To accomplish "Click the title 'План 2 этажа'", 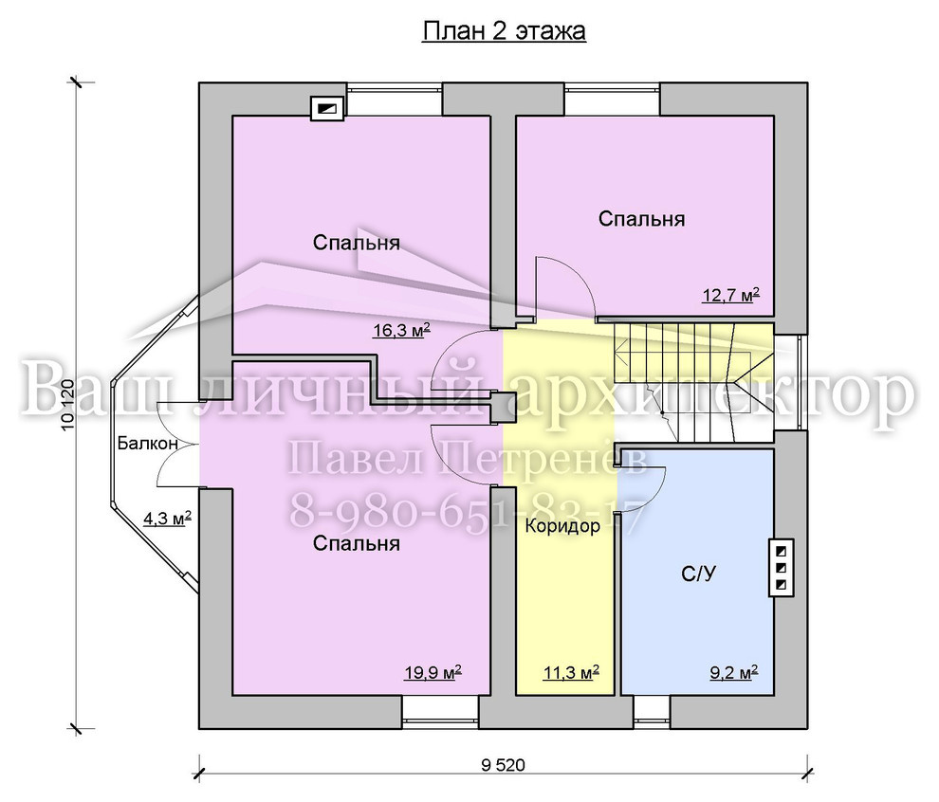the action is (x=504, y=31).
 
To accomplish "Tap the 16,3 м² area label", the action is (x=401, y=330).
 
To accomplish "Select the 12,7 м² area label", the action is (x=730, y=295).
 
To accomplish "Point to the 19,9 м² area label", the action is (x=433, y=672).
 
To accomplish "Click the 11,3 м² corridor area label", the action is (x=571, y=672).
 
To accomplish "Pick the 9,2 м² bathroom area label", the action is (x=734, y=672).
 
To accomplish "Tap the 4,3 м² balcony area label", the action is (x=167, y=518).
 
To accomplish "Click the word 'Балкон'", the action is (x=147, y=444).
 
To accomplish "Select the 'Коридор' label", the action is (x=562, y=527).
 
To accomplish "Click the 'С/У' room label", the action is (x=698, y=574).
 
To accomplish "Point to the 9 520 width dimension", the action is (x=503, y=765).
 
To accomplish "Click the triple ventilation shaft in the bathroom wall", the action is (x=782, y=568).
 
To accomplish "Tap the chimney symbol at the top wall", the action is (x=327, y=109).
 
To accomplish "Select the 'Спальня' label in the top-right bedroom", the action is (x=641, y=219).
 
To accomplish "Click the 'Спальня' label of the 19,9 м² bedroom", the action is (x=357, y=543).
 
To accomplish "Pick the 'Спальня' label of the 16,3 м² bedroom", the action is (x=357, y=243).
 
